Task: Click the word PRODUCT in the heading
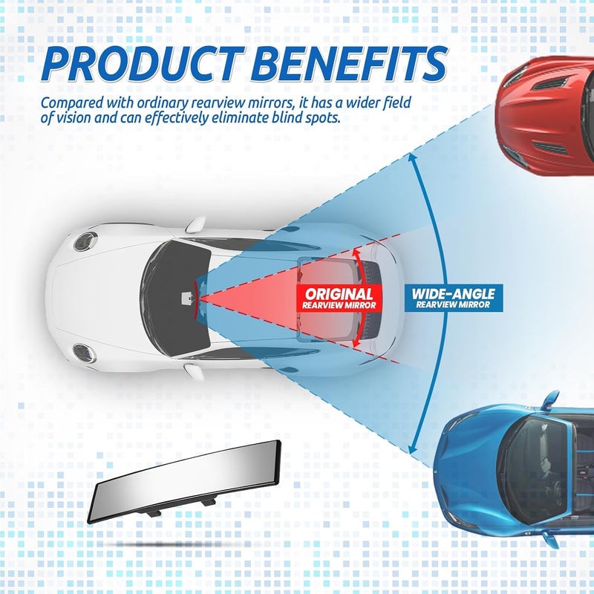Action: pyautogui.click(x=143, y=64)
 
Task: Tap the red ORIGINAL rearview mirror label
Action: pyautogui.click(x=339, y=298)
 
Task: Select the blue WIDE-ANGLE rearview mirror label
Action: pyautogui.click(x=454, y=298)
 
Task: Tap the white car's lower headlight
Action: pyautogui.click(x=85, y=353)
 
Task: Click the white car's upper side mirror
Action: pyautogui.click(x=195, y=225)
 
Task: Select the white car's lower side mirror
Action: pyautogui.click(x=194, y=371)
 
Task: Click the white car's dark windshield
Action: pyautogui.click(x=175, y=298)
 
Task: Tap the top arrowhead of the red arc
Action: pyautogui.click(x=356, y=253)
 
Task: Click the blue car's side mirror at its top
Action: pyautogui.click(x=550, y=400)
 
